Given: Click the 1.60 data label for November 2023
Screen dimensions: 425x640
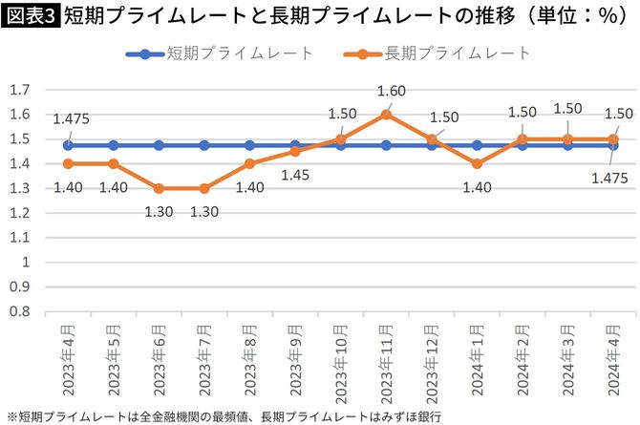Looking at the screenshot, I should pos(385,92).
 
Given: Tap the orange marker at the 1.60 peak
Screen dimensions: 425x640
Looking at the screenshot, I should pos(385,115).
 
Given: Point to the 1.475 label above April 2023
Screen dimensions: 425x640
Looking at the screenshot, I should pos(70,118).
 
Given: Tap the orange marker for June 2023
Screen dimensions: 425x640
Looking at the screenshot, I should pos(159,188).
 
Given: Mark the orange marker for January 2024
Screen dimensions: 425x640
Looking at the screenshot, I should pos(477,163).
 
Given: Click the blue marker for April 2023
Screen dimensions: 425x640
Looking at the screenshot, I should pos(68,145).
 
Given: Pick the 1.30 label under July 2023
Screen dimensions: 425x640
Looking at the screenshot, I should pos(204,212).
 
